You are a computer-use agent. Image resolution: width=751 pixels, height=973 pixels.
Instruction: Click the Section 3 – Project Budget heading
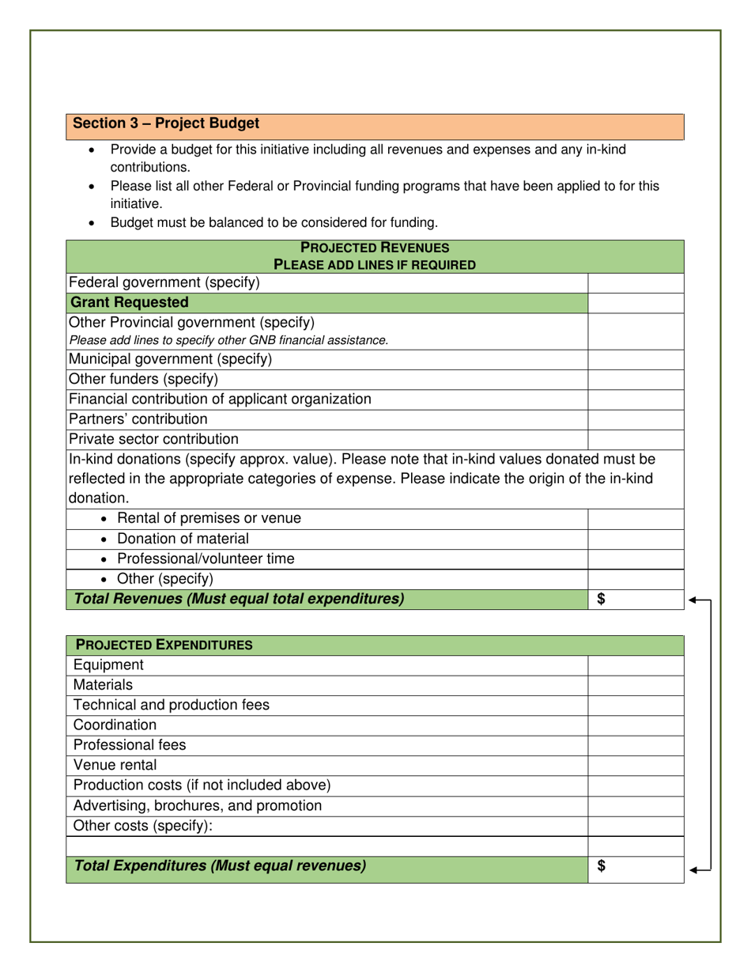(x=166, y=124)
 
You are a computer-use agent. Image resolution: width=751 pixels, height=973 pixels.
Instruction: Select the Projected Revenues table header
(x=374, y=256)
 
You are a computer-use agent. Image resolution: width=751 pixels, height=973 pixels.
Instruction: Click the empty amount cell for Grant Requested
(x=636, y=302)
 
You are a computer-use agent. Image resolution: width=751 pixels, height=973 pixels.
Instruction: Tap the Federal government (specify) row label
(x=164, y=282)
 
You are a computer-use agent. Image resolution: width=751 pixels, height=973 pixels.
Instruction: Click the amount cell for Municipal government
(x=636, y=359)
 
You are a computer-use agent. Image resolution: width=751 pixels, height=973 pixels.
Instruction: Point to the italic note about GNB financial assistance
(x=229, y=340)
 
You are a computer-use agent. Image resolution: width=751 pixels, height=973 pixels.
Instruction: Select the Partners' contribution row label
(x=138, y=418)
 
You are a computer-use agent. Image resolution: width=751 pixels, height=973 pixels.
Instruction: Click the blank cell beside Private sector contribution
(x=636, y=438)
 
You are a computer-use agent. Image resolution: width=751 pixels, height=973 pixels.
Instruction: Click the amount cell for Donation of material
(x=636, y=539)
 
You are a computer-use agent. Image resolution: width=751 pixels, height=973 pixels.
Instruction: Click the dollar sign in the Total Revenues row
(x=601, y=600)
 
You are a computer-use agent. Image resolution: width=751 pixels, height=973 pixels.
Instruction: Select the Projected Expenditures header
(x=164, y=646)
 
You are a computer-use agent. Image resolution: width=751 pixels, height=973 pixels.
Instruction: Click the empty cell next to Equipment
(x=636, y=665)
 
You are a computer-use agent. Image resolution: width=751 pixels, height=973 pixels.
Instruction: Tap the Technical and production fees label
(x=171, y=705)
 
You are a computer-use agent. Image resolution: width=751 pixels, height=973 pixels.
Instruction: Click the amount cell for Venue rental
(x=636, y=765)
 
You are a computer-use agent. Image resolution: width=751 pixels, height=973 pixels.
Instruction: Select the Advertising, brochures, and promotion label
(x=198, y=805)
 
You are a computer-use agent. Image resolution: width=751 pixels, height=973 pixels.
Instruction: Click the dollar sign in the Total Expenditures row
(x=601, y=866)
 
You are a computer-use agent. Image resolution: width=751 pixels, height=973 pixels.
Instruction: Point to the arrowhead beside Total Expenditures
(x=693, y=871)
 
